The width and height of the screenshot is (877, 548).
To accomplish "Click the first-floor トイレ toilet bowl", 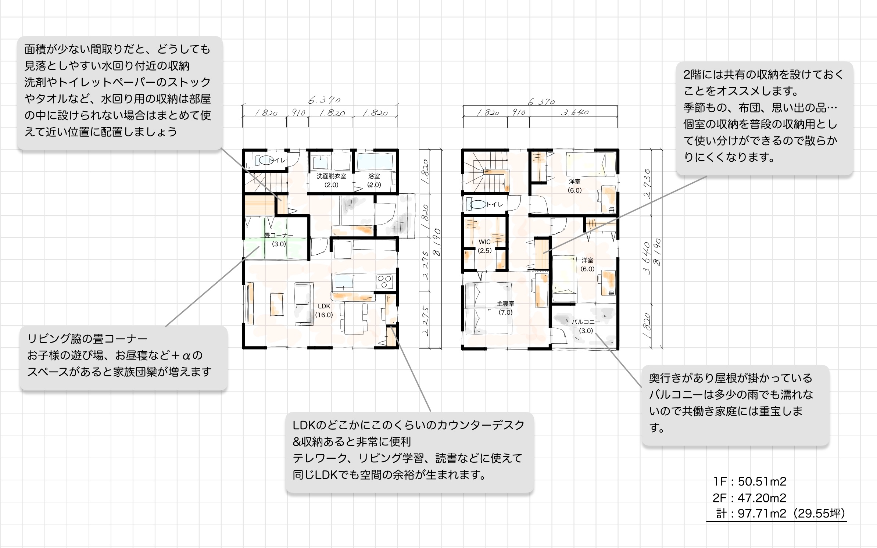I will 266,161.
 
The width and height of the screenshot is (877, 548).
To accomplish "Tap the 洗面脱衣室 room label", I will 331,176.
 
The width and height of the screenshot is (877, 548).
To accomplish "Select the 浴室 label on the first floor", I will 374,176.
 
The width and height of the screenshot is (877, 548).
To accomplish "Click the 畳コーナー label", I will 279,235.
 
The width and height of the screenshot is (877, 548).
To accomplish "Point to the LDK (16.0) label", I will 324,310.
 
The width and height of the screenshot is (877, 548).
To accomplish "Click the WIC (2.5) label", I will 484,246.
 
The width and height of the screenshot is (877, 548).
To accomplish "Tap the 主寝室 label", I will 505,304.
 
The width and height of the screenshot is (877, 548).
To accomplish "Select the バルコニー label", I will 586,322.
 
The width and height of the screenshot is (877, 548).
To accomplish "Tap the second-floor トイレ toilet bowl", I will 478,204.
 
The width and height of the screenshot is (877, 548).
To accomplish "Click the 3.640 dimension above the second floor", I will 574,112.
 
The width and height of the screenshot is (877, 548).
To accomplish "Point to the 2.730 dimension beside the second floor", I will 647,183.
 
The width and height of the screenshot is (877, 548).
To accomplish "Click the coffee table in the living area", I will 277,304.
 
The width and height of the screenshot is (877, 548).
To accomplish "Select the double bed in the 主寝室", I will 488,308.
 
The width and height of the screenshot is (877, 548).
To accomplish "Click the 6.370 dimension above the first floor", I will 324,100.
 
